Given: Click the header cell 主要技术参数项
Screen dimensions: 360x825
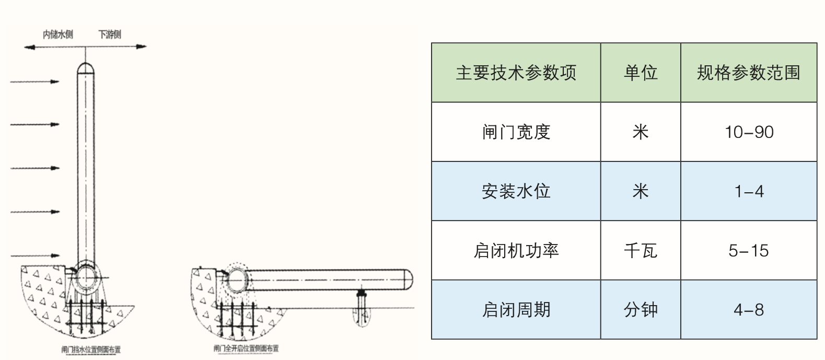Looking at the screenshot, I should pos(516,73).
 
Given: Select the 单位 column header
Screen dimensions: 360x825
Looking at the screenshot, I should pos(640,73).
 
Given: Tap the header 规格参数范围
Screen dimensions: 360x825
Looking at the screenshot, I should pos(748,73).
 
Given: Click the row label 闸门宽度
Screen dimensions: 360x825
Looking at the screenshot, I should pos(516,132).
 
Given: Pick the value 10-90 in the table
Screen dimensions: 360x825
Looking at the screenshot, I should pos(748,132).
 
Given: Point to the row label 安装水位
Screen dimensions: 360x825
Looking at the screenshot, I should pos(516,191).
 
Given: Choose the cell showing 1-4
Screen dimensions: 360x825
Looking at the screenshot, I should pos(748,191).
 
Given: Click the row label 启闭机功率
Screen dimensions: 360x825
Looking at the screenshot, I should pos(516,251).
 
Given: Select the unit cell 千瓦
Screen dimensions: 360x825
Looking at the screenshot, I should pos(640,251).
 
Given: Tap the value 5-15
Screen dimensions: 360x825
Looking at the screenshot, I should pos(748,251).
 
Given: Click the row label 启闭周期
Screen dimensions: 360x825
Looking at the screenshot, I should pos(516,310).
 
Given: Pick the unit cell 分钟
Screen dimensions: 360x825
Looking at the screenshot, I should pos(640,310).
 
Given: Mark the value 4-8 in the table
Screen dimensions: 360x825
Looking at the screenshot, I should pos(748,310).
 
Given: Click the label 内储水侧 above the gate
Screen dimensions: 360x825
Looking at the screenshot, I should pos(57,35).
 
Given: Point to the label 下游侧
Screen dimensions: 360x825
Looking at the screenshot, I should pos(110,35).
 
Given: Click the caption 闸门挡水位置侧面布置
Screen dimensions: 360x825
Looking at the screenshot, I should pos(91,350).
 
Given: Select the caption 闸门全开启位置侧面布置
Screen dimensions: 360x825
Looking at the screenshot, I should pos(246,349).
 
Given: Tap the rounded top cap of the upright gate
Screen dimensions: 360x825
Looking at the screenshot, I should pos(86,68).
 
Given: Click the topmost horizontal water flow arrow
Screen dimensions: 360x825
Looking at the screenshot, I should pos(34,82).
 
